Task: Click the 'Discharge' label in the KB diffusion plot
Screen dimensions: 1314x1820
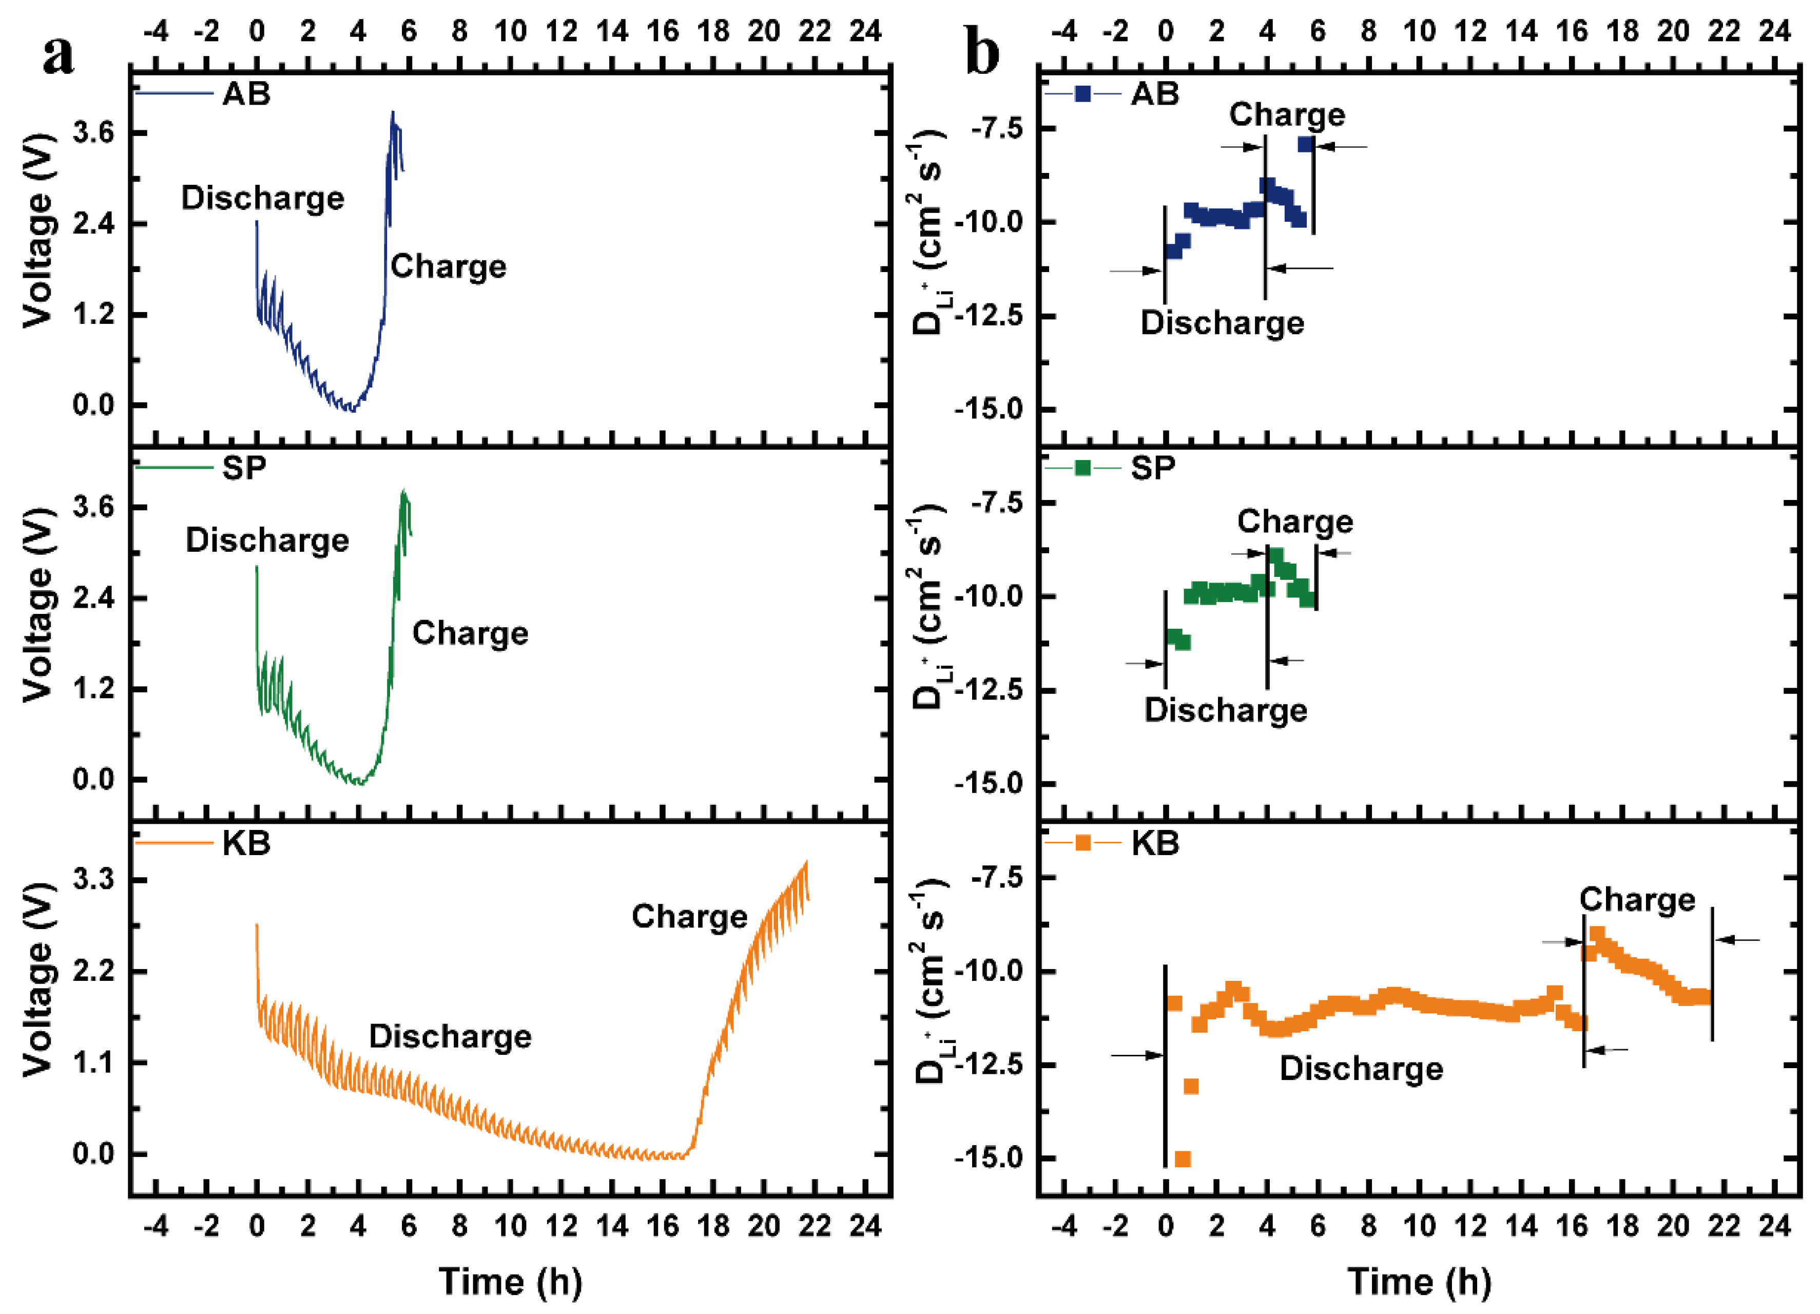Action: (1361, 1068)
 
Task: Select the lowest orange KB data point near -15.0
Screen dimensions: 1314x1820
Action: (1182, 1159)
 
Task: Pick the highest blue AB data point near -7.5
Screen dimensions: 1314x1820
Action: (1306, 144)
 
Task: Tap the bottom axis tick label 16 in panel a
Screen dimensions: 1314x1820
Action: (663, 1227)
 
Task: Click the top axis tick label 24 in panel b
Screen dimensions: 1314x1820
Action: (1774, 31)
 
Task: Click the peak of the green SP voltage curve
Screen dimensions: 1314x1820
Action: (403, 491)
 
